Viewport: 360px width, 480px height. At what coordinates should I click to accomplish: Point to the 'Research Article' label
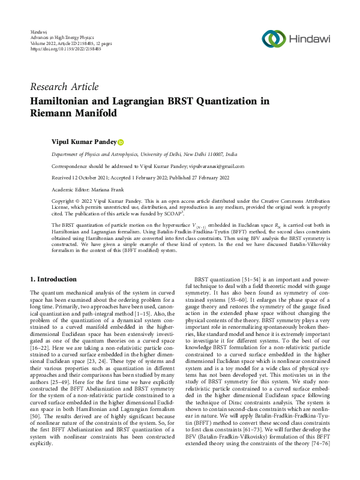[64, 87]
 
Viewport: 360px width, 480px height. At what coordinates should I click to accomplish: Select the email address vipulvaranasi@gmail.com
[217, 166]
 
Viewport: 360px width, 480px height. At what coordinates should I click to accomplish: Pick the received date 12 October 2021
[89, 178]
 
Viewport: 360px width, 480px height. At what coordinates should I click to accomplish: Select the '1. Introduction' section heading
[53, 280]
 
